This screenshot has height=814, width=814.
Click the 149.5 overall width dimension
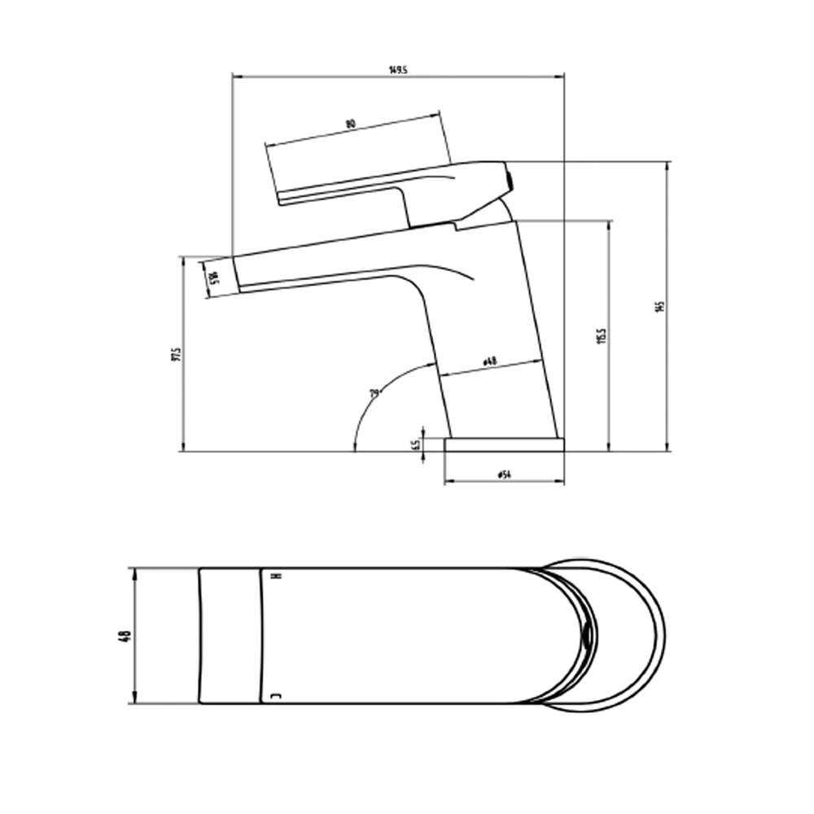[397, 70]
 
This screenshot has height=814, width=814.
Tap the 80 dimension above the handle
[351, 124]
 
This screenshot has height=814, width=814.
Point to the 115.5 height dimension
[602, 335]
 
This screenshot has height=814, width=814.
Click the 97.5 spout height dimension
[175, 355]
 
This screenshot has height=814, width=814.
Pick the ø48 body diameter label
[490, 360]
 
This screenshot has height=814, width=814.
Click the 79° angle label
[374, 394]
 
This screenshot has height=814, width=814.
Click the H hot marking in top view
[274, 576]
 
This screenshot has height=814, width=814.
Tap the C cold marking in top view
[274, 696]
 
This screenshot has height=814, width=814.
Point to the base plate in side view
[504, 444]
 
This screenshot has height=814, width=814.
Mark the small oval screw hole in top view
[586, 635]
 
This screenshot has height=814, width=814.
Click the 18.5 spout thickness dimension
[212, 278]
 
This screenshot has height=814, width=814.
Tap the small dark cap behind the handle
[510, 178]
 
